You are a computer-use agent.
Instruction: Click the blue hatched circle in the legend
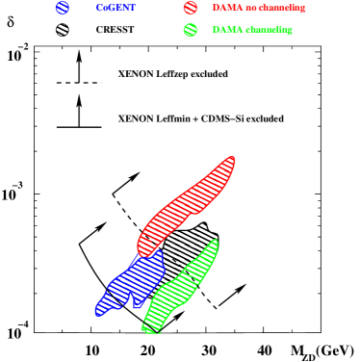(63, 8)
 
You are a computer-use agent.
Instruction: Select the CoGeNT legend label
(116, 8)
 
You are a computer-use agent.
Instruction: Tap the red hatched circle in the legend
(191, 8)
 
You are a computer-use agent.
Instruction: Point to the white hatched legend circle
(63, 30)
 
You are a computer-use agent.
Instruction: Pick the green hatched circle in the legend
(191, 30)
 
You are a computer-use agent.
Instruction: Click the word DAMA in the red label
(227, 8)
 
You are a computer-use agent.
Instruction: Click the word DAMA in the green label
(227, 30)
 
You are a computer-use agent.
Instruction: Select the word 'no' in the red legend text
(250, 8)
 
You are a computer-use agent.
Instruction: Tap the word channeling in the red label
(282, 8)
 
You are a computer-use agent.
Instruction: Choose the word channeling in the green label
(269, 30)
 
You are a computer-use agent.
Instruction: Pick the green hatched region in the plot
(178, 289)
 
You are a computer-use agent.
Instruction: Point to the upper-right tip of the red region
(232, 158)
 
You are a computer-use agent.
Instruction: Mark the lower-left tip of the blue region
(98, 312)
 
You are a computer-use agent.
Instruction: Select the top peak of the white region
(202, 225)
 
